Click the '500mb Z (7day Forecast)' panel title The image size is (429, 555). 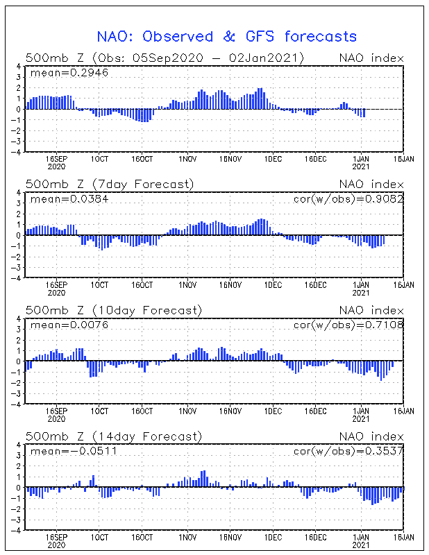(110, 184)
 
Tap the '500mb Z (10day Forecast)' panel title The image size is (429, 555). (113, 310)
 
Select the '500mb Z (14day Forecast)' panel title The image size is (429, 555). (113, 436)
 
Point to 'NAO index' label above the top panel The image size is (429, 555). (371, 58)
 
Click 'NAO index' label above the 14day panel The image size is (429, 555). (371, 436)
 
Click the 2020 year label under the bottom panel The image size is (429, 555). (56, 545)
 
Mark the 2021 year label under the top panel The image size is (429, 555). (361, 166)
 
